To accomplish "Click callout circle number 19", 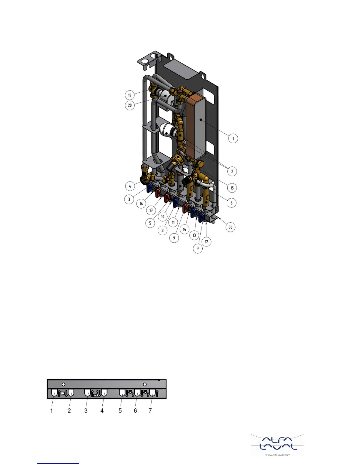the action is pos(130,95).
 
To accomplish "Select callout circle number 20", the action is pos(130,105).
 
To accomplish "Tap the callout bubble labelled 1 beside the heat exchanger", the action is pos(233,138).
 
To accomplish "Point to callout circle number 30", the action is pos(230,227).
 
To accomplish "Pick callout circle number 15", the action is pos(232,188).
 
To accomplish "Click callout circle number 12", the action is pos(206,242).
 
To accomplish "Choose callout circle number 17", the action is pos(151,210).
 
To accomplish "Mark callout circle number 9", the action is pos(174,238).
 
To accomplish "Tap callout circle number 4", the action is pos(130,186).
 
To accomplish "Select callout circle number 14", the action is pos(184,229).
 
